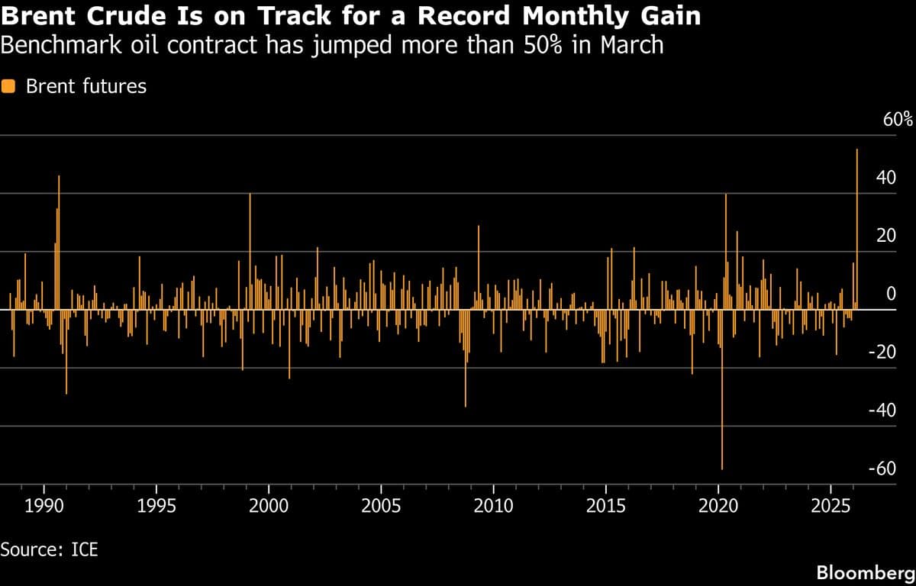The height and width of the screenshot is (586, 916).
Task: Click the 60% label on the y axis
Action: click(x=898, y=120)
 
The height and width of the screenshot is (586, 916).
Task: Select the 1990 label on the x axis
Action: click(x=44, y=506)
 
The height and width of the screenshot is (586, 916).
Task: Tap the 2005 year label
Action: click(x=381, y=506)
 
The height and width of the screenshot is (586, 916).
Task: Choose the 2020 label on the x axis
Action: click(x=718, y=506)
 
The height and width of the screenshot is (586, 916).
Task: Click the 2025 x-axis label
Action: click(x=831, y=506)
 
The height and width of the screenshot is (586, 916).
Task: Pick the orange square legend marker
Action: click(x=9, y=86)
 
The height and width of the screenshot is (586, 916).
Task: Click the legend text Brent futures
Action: click(x=85, y=86)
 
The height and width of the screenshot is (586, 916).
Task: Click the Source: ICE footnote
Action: click(x=50, y=549)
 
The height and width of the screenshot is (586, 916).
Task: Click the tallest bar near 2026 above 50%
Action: click(x=857, y=229)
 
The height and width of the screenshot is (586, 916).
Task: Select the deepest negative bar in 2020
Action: click(x=721, y=389)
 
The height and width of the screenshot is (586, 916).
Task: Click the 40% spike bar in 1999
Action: click(x=250, y=252)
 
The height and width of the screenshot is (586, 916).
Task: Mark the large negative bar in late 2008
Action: click(x=465, y=359)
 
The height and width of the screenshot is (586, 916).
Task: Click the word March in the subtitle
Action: click(x=631, y=46)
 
